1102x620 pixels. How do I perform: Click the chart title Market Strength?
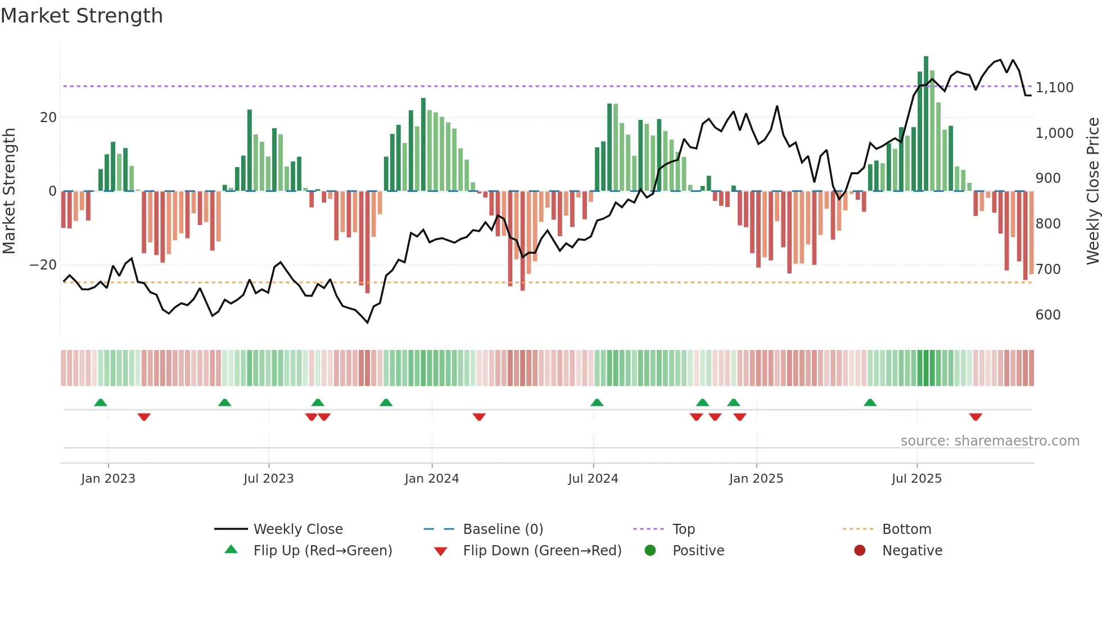pyautogui.click(x=82, y=16)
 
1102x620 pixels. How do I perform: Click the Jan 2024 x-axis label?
pyautogui.click(x=431, y=479)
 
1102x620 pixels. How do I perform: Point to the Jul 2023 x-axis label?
pyautogui.click(x=268, y=479)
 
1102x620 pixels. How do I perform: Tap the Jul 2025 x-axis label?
pyautogui.click(x=916, y=479)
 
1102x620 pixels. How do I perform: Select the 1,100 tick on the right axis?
pyautogui.click(x=1054, y=88)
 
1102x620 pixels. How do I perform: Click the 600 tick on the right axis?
pyautogui.click(x=1048, y=315)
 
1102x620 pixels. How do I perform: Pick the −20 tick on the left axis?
pyautogui.click(x=43, y=265)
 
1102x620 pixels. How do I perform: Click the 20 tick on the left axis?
pyautogui.click(x=48, y=118)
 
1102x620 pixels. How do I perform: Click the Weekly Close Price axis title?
pyautogui.click(x=1092, y=191)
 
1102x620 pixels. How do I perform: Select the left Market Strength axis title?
pyautogui.click(x=10, y=191)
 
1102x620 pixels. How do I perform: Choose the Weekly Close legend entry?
pyautogui.click(x=297, y=529)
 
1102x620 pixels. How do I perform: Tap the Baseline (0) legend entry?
pyautogui.click(x=503, y=529)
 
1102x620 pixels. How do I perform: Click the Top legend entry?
pyautogui.click(x=683, y=529)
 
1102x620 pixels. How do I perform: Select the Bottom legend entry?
pyautogui.click(x=906, y=529)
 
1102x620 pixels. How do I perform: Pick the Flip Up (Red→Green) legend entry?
pyautogui.click(x=322, y=551)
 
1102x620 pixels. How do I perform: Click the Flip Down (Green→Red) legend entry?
pyautogui.click(x=542, y=551)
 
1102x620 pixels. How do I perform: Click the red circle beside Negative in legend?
pyautogui.click(x=859, y=551)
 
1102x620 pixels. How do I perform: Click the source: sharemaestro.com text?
pyautogui.click(x=990, y=441)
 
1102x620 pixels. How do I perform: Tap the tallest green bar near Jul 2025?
pyautogui.click(x=926, y=124)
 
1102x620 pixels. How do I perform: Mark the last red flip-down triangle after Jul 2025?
pyautogui.click(x=975, y=417)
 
